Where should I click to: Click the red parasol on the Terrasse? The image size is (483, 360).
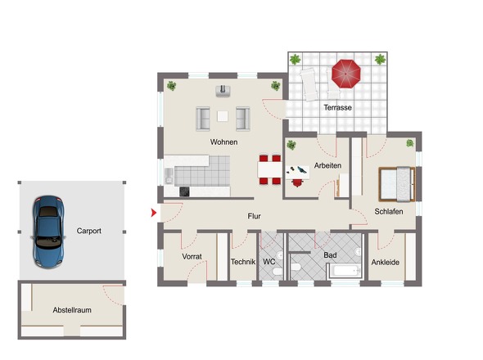346,74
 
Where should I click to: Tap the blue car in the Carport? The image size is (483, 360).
48,232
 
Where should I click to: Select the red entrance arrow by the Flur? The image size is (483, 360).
154,213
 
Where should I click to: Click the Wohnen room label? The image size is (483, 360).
223,142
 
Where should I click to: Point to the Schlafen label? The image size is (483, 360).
389,212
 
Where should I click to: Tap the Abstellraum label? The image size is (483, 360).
72,310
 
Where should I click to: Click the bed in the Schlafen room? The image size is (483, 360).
397,184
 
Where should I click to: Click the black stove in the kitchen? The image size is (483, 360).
184,191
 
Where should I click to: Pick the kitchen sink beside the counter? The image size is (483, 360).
169,176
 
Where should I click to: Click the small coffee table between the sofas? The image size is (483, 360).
223,116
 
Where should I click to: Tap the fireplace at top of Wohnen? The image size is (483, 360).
223,91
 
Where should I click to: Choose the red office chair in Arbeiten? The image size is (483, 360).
297,183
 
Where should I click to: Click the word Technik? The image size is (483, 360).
243,262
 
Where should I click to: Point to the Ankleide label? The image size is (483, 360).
386,263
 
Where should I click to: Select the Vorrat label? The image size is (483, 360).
192,256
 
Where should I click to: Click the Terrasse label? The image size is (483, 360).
337,107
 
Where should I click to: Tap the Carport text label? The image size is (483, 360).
88,231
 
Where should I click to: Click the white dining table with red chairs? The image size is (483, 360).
270,170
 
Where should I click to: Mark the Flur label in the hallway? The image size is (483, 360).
254,216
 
